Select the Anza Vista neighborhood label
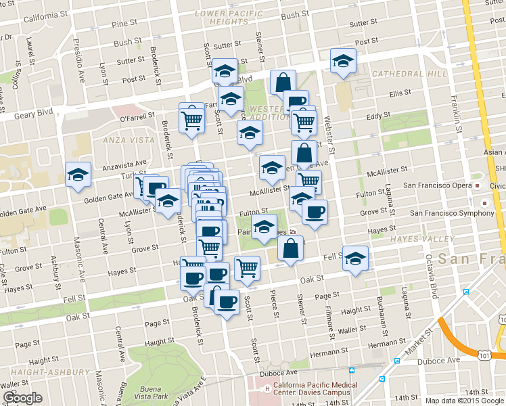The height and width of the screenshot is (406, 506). pos(127,140)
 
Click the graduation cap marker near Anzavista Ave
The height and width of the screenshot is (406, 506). pos(78,175)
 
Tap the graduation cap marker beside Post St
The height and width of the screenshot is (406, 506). pos(344,61)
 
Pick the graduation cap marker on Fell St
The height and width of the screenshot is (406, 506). pos(355,258)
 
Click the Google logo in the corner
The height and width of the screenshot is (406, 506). pos(23,398)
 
